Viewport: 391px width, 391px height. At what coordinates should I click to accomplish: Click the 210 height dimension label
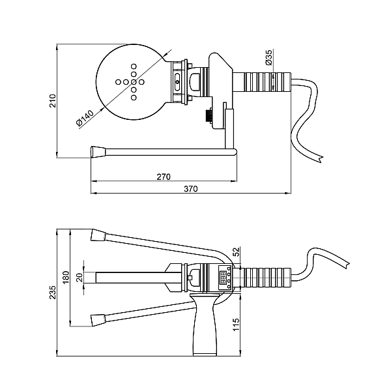pos(52,100)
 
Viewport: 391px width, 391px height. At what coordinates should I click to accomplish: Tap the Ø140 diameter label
pos(85,118)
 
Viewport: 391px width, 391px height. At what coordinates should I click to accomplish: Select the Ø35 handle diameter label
pos(269,57)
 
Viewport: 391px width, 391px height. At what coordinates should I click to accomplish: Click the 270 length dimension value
pos(164,177)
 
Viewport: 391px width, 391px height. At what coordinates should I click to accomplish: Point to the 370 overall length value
pos(191,188)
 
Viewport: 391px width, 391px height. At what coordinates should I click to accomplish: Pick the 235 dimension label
pos(52,293)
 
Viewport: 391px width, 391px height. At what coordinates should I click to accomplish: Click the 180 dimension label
pos(66,278)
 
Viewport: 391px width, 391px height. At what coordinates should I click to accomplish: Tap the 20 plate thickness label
pos(80,278)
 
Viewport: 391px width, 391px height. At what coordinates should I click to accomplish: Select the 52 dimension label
pos(236,252)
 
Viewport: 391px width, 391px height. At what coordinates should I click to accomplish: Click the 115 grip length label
pos(236,325)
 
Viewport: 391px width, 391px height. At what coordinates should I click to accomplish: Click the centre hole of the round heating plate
pos(134,82)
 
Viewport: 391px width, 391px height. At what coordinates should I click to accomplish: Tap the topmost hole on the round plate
pos(134,66)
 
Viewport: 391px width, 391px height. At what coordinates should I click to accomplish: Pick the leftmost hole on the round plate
pos(118,82)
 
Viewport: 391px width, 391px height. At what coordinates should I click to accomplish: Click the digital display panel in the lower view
pos(224,278)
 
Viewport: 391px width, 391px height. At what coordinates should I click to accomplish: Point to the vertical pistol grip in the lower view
pos(204,324)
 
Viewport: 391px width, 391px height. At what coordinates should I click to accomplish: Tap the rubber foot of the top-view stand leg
pos(98,152)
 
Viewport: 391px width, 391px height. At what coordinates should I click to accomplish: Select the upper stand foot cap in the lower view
pos(98,235)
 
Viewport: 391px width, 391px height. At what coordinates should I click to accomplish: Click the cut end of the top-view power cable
pos(320,160)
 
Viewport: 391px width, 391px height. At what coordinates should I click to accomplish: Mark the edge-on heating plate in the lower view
pos(139,278)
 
